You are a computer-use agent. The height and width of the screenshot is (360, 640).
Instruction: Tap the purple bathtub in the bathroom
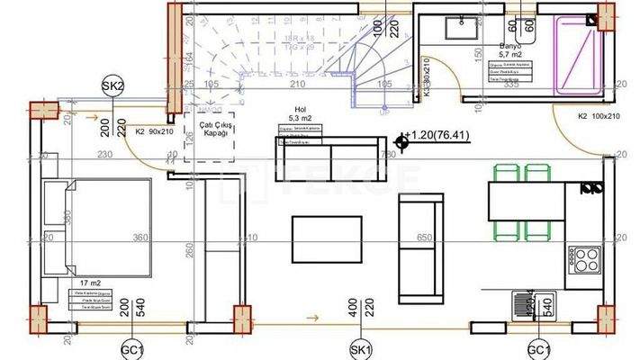click(576, 53)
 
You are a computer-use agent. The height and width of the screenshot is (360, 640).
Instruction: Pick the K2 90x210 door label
click(153, 131)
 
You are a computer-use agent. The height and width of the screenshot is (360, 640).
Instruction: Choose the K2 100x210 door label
click(598, 116)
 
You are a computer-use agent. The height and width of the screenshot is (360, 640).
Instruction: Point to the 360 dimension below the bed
click(139, 238)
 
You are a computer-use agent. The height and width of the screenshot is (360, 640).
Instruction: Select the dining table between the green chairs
click(524, 202)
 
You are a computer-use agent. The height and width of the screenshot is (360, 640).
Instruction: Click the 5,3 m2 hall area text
click(299, 117)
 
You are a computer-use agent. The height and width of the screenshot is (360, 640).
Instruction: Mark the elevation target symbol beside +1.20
click(401, 139)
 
